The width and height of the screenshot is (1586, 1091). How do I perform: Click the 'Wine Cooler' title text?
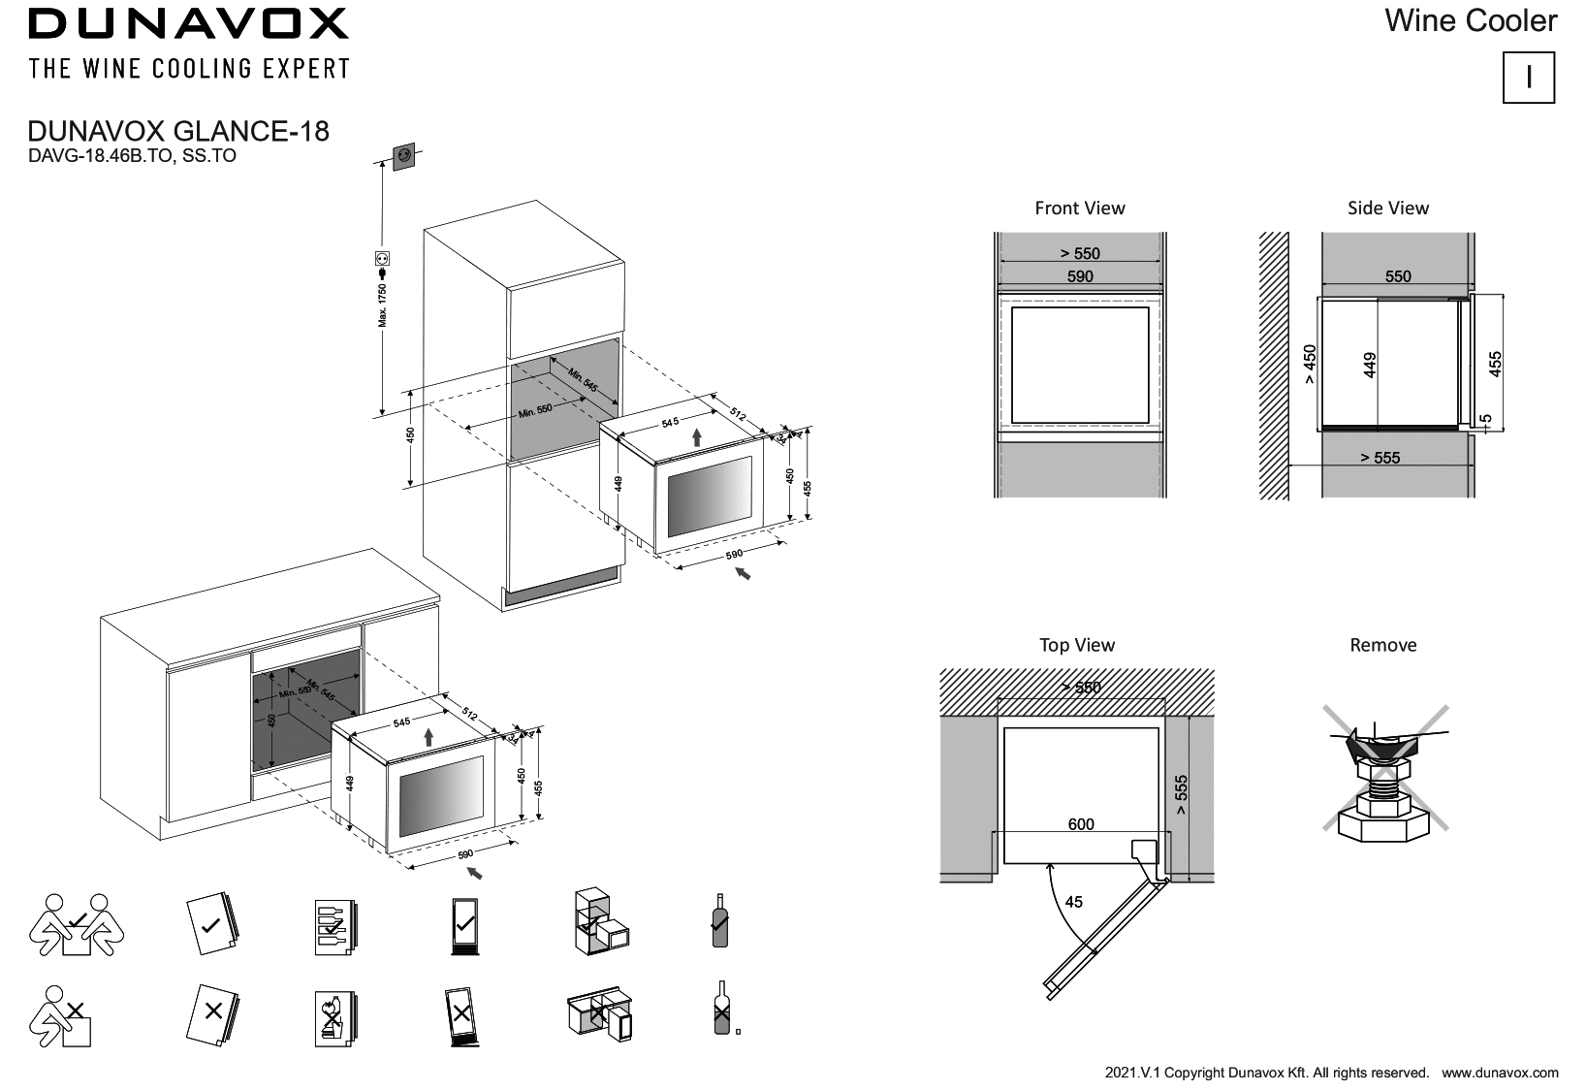pos(1470,20)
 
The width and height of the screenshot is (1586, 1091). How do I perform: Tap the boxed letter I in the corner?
pos(1528,78)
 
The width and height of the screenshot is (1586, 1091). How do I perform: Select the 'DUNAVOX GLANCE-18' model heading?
pos(179,131)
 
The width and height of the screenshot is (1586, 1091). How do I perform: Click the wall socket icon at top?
pos(404,154)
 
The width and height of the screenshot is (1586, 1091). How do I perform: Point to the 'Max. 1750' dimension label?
pos(383,305)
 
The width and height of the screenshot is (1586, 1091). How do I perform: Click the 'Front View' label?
pos(1079,208)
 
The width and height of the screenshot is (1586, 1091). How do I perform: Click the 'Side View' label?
pos(1387,208)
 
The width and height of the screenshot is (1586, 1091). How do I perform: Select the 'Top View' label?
pos(1076,645)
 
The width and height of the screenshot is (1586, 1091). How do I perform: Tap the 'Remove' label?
pos(1382,645)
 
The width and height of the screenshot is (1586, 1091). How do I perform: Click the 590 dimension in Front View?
pos(1079,276)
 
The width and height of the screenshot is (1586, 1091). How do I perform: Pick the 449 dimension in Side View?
pos(1370,365)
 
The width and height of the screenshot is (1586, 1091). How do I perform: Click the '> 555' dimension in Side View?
pos(1380,458)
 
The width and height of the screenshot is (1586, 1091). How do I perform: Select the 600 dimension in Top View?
pos(1080,824)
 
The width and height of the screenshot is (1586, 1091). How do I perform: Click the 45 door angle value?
pos(1073,902)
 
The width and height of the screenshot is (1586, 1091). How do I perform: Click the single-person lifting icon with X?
pos(62,1015)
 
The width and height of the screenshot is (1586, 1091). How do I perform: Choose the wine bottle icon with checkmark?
pos(719,920)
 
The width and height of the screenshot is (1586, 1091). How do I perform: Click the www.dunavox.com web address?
pos(1500,1073)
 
